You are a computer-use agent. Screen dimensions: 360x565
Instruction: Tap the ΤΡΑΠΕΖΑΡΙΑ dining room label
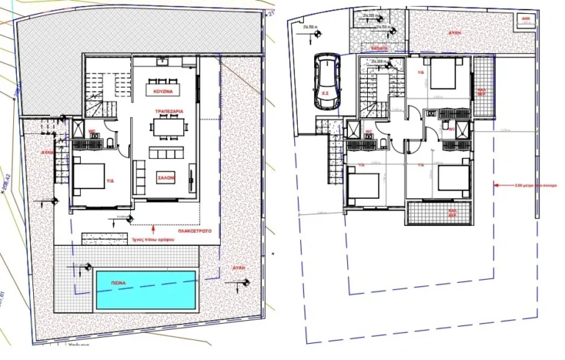[x=168, y=111]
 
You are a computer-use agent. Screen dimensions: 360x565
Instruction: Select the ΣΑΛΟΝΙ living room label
[x=165, y=177]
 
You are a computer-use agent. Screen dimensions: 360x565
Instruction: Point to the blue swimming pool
[x=145, y=289]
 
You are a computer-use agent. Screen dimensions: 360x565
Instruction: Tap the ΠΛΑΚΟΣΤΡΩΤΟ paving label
[x=195, y=230]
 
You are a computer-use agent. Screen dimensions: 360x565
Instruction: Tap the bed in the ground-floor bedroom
[x=89, y=177]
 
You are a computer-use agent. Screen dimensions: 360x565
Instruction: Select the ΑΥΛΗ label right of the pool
[x=237, y=268]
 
